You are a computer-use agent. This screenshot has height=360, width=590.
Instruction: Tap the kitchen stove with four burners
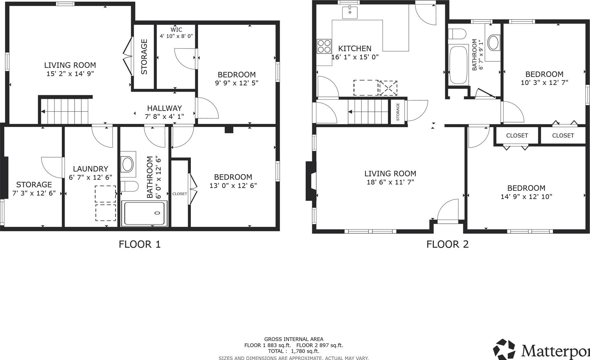[324, 46]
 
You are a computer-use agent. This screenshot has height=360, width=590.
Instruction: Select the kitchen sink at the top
[350, 12]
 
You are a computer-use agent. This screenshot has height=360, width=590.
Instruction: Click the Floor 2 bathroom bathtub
[458, 65]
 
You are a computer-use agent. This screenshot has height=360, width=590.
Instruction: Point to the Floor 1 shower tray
[144, 213]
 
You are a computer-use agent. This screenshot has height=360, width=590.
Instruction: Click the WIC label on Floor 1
[176, 30]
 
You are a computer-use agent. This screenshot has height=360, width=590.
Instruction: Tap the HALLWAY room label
[164, 108]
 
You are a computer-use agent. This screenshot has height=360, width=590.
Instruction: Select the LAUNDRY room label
[91, 169]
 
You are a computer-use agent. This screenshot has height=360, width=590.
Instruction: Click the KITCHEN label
[355, 49]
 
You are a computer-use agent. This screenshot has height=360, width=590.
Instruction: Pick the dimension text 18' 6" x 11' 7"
[390, 182]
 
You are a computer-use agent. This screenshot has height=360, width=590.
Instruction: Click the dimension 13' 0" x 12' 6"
[233, 186]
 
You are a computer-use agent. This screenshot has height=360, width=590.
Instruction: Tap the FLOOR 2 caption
[447, 244]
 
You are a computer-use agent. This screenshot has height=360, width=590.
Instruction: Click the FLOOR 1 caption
[140, 244]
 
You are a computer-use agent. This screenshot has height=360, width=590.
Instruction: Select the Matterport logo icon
[504, 349]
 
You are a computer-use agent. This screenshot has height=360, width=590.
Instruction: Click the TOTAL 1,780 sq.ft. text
[294, 351]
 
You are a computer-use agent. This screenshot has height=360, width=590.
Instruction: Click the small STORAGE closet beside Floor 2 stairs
[398, 112]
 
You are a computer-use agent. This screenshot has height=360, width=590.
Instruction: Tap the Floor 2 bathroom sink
[493, 43]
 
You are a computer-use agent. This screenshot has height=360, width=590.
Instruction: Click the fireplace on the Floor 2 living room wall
[311, 181]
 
